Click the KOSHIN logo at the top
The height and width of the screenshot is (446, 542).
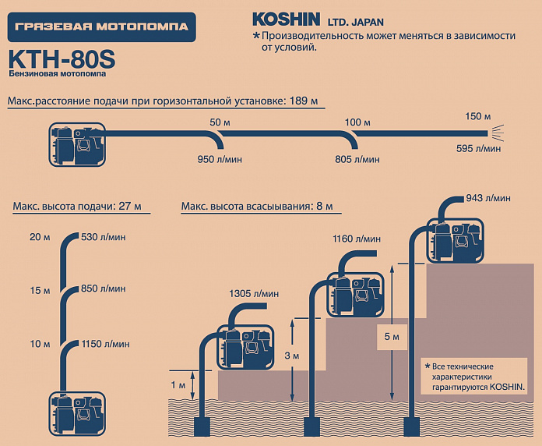coord(287,19)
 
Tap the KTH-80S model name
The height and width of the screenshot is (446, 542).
coord(62,58)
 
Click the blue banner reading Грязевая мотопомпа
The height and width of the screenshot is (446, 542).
coord(101,27)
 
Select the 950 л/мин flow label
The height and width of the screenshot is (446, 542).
coord(220,160)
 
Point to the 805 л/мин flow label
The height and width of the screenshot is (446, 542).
coord(357,160)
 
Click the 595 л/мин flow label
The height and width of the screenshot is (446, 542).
coord(478,148)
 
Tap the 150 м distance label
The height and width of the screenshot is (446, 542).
coord(477,116)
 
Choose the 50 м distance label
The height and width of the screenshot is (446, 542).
coord(220,122)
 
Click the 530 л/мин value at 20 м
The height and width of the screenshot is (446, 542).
coord(104,237)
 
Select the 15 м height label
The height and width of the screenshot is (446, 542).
coord(40,290)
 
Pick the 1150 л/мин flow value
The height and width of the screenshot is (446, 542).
coord(105,344)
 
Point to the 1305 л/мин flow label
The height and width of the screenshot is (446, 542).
coord(254,294)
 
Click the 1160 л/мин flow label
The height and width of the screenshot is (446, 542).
coord(357,239)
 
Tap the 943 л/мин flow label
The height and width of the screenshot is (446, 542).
coord(488,198)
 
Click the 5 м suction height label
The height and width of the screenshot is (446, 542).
coord(392,337)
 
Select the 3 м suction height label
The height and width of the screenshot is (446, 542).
coord(292,356)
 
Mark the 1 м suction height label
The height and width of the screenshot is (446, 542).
coord(178,385)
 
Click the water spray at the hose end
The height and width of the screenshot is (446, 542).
coord(497,133)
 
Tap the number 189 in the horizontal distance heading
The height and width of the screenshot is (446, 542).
coord(299,101)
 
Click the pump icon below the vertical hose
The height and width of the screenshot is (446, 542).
coord(77,413)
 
